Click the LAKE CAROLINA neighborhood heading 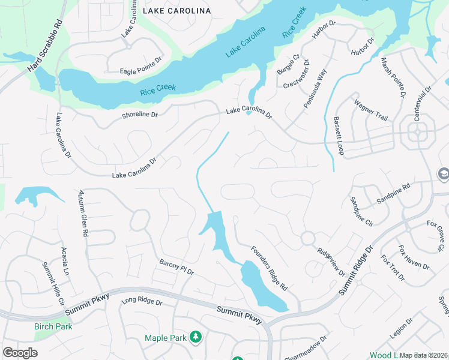click(176, 11)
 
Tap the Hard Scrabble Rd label click(46, 47)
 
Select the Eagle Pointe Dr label click(141, 70)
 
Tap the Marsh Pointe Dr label click(393, 78)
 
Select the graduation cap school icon click(444, 175)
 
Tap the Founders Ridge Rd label click(269, 268)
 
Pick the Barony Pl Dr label click(176, 267)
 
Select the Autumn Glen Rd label click(83, 212)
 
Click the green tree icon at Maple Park click(195, 338)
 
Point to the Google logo click(20, 353)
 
